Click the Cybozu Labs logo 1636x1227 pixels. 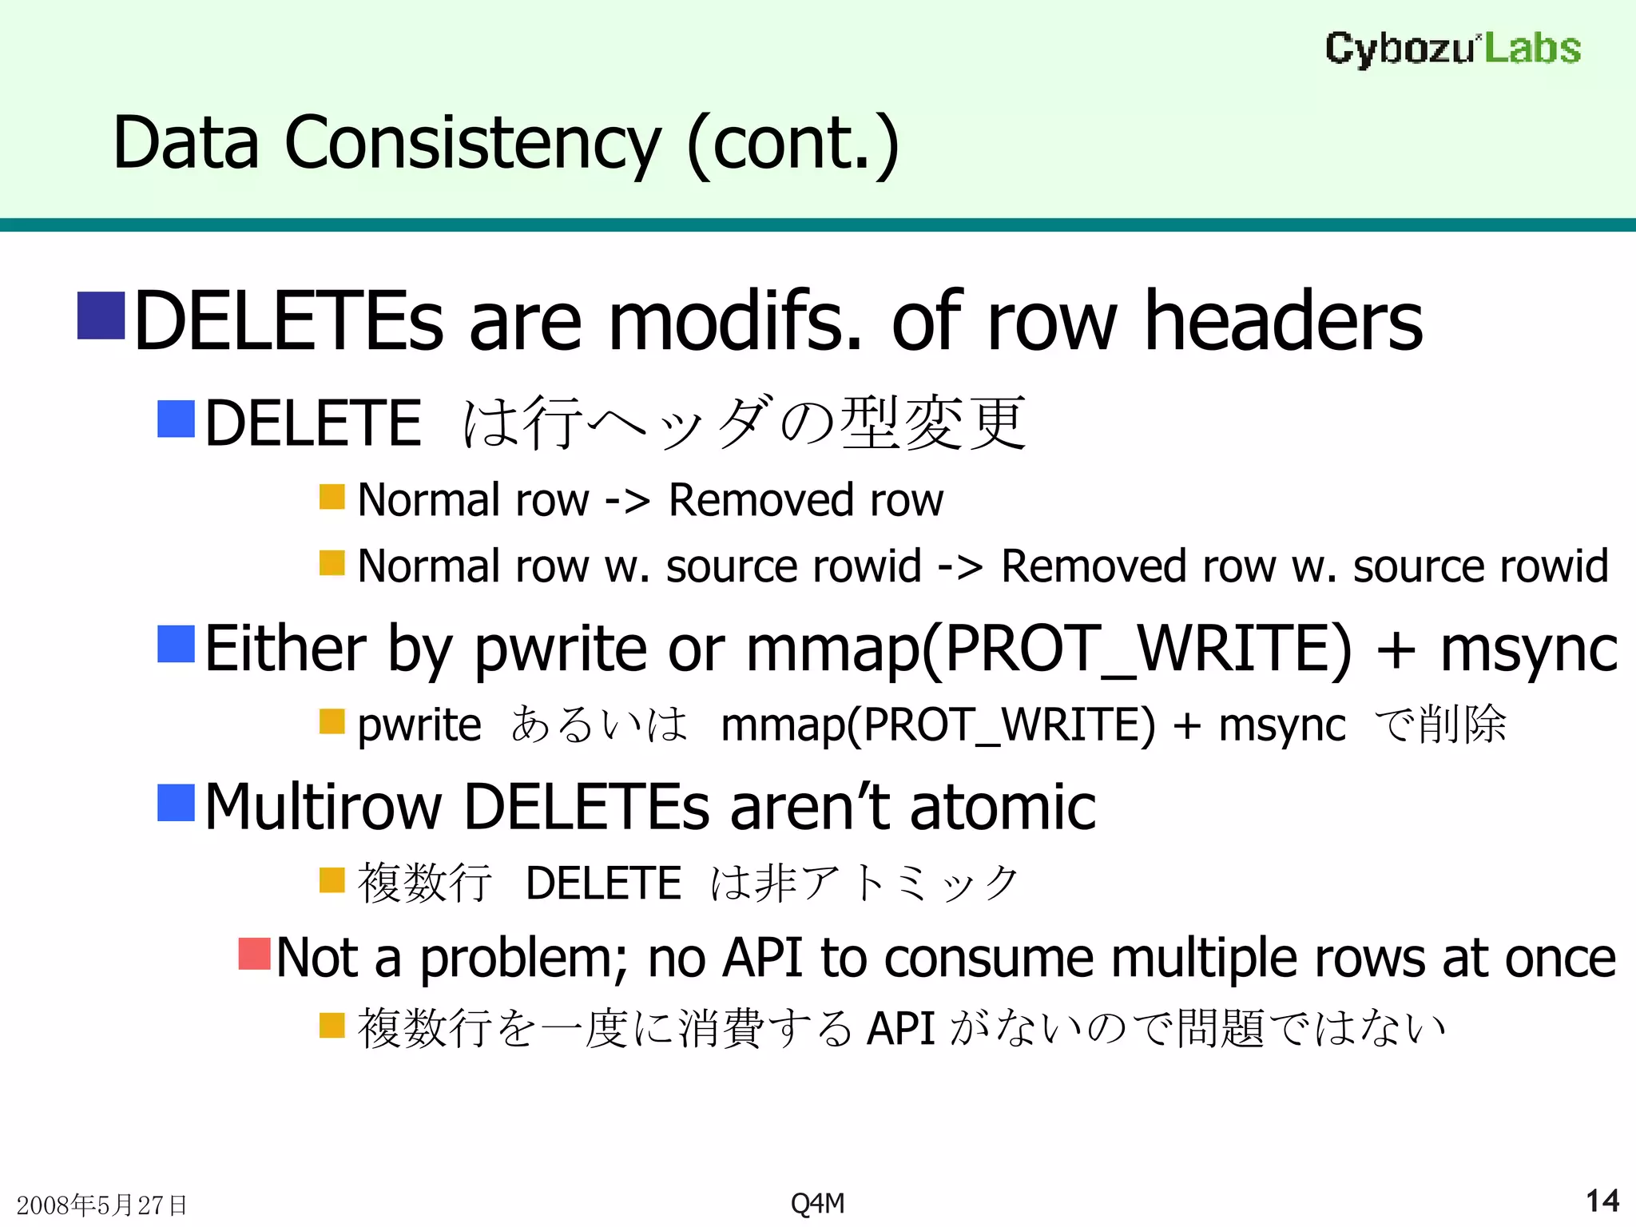click(x=1452, y=49)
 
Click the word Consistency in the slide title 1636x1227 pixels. click(x=473, y=144)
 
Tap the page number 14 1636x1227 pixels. click(x=1602, y=1201)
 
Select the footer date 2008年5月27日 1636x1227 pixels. click(x=101, y=1205)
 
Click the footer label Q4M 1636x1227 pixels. click(x=817, y=1202)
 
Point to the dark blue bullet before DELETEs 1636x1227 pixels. click(x=101, y=316)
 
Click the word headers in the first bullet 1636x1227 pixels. click(x=1283, y=321)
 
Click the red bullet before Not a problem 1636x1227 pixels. click(x=255, y=953)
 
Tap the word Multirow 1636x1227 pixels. click(x=323, y=807)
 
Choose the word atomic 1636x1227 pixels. click(x=1003, y=807)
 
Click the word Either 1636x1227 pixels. click(x=285, y=649)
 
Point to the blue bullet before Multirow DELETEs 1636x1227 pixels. click(x=176, y=802)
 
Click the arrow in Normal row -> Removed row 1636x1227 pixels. click(x=627, y=502)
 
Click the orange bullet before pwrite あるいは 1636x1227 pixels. click(x=332, y=721)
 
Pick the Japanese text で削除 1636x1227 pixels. click(x=1439, y=725)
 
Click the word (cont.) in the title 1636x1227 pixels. click(x=792, y=144)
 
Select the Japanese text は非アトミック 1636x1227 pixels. click(x=864, y=883)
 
